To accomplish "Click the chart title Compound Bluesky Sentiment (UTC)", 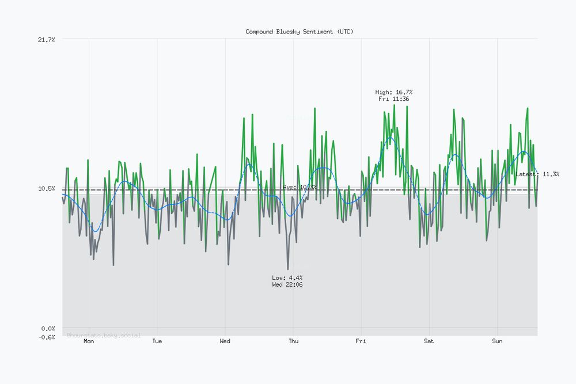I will pos(300,32).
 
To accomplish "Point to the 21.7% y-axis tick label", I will pos(46,39).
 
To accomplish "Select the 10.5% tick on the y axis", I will pos(46,189).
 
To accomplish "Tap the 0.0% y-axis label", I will pos(47,329).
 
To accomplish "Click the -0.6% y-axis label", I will pos(46,337).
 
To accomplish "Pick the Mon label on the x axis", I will pos(89,341).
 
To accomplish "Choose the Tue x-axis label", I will pos(157,341).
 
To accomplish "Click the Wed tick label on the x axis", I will pos(225,341).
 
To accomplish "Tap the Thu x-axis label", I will pos(293,341).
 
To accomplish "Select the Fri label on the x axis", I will pos(361,341).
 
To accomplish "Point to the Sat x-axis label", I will pos(429,341).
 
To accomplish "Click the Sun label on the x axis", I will pos(497,341).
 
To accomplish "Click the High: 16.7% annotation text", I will pos(394,92).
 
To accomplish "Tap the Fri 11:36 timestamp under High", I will pos(394,99).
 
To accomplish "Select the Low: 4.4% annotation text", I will pos(287,277).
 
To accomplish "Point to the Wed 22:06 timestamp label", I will pos(287,284).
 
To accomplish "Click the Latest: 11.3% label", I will pos(537,174).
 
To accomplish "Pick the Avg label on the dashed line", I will pos(300,187).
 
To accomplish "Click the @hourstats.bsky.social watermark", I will pos(104,335).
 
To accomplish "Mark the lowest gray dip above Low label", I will pos(288,269).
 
